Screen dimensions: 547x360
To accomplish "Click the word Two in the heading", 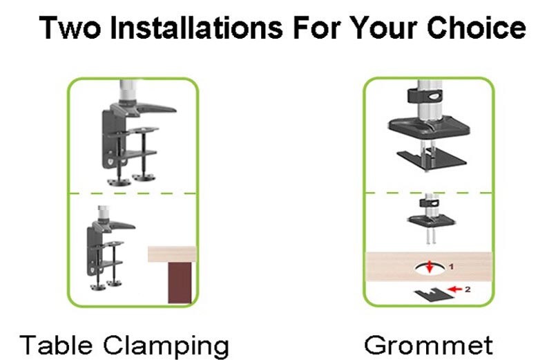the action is point(70,28).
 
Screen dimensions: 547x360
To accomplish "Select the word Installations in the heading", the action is point(196,27).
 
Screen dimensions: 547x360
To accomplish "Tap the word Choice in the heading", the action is point(476,27).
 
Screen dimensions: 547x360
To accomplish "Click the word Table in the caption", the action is point(56,345).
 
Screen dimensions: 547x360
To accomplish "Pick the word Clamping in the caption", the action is point(166,346).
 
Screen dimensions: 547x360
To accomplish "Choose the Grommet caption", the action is point(428,345).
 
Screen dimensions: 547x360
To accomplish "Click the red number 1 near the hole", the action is point(452,267).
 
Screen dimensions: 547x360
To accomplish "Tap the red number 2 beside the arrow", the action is point(468,289).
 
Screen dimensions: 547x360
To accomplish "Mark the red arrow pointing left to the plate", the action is point(454,289).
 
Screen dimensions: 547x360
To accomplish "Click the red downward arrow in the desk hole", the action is point(430,267).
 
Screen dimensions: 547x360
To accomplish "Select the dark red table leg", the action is point(180,283).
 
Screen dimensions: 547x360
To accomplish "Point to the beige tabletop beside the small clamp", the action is point(173,254).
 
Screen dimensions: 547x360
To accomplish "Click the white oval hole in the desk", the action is point(430,269).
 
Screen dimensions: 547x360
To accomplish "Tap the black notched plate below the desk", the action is point(434,294).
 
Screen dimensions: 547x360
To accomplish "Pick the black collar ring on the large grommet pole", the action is point(425,96).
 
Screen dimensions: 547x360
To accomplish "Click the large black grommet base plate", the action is point(429,127).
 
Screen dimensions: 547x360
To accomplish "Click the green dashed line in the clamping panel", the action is point(133,193).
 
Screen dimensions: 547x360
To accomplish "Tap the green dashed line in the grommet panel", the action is point(429,192).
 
